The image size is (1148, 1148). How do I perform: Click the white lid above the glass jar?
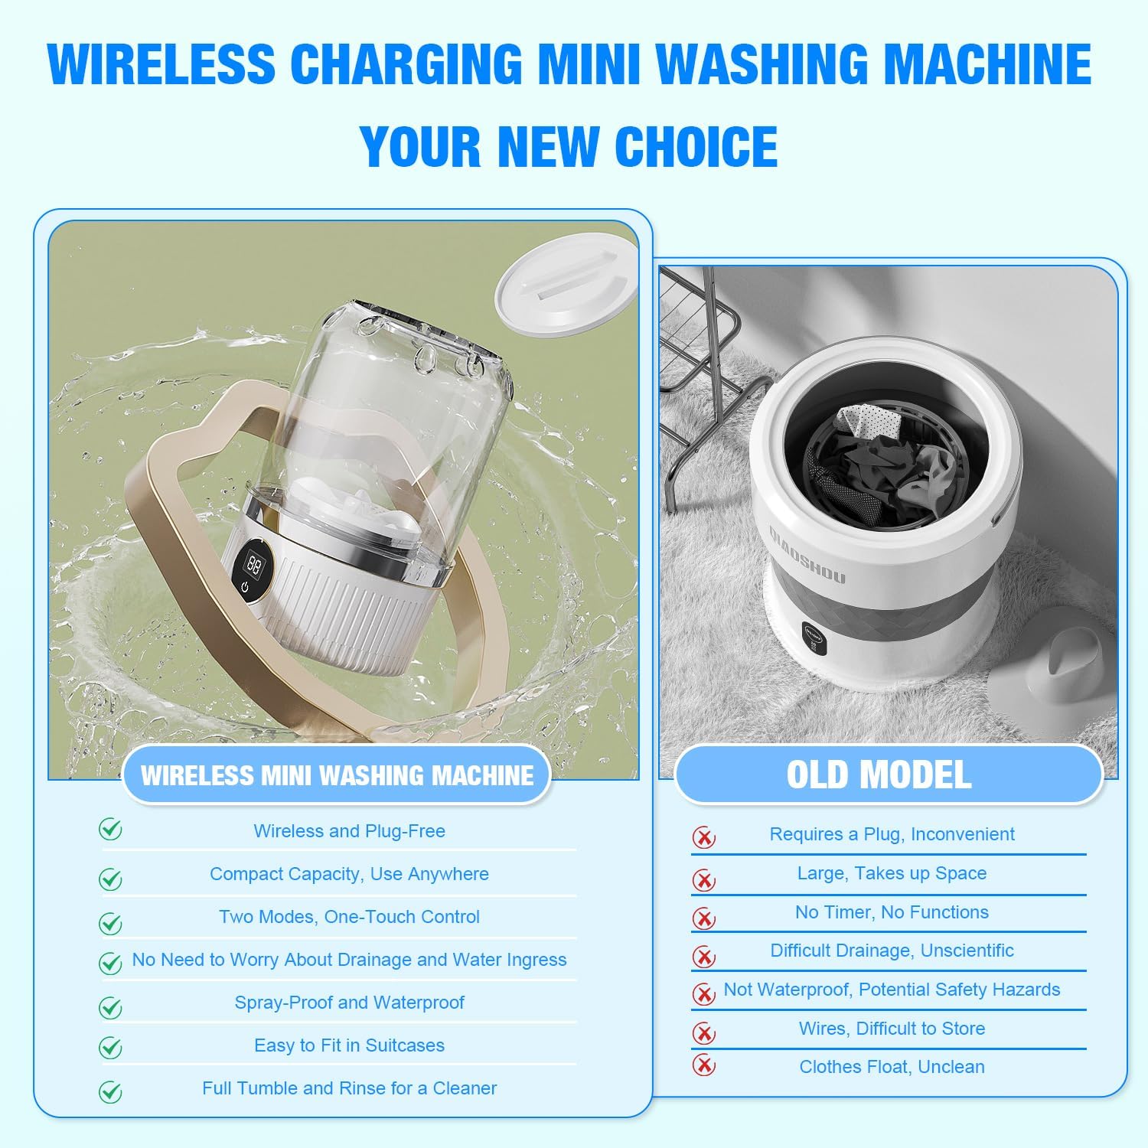point(567,286)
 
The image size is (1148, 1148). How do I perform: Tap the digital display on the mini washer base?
point(253,565)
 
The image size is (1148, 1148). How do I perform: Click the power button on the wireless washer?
point(244,589)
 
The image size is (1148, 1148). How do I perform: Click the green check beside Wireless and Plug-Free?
point(111,830)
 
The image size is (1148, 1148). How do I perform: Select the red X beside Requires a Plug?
point(703,837)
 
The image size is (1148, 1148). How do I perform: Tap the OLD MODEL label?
point(879,775)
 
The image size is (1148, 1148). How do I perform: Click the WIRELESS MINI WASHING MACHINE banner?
point(337,775)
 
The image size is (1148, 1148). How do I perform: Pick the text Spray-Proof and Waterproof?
point(349,1003)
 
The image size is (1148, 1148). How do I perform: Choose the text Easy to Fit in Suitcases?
point(349,1045)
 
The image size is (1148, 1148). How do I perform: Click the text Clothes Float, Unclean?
point(892,1067)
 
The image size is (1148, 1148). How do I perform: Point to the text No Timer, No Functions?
point(892,912)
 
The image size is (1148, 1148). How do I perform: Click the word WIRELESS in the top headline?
point(161,64)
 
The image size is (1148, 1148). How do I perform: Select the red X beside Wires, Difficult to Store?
point(703,1033)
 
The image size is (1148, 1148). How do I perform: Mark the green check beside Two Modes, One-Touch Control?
point(111,924)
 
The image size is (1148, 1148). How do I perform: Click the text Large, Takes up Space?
point(892,873)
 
